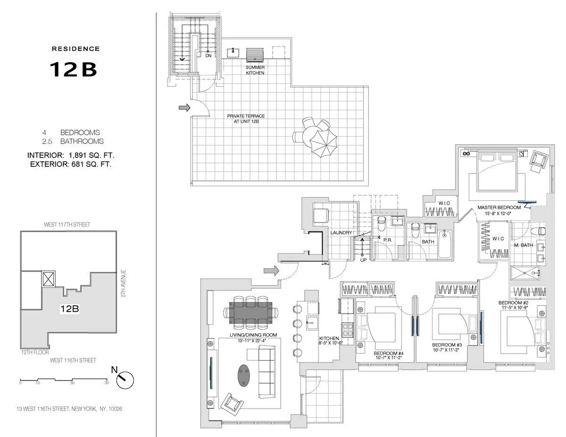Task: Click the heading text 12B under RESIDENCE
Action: (x=73, y=69)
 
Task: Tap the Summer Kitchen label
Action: (x=255, y=70)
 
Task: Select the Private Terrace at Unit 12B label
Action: (x=246, y=119)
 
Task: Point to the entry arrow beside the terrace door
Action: (x=184, y=108)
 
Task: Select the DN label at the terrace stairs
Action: (x=208, y=56)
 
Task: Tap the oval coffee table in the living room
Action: (x=244, y=376)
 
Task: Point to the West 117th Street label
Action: (x=68, y=225)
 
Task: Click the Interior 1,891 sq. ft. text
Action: (x=71, y=155)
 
